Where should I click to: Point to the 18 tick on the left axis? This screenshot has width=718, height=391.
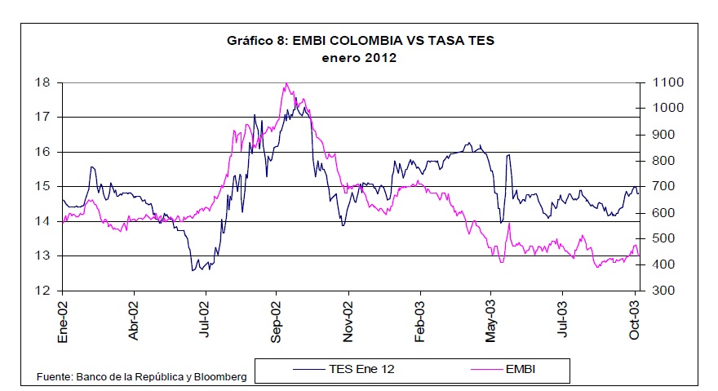[43, 82]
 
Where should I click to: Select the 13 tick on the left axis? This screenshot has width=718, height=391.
[43, 256]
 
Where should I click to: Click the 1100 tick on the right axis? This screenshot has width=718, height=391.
[663, 82]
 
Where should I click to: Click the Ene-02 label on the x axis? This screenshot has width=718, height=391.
[63, 318]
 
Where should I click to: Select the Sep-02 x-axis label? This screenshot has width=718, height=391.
[277, 318]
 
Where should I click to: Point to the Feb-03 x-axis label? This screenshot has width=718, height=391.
[420, 318]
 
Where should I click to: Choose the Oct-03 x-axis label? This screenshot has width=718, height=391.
[635, 318]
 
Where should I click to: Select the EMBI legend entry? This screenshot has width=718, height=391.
[521, 371]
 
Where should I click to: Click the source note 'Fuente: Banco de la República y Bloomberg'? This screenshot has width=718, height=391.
[141, 376]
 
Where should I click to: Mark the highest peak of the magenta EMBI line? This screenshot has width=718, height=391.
[286, 83]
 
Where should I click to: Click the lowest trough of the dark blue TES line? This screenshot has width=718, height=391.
[193, 270]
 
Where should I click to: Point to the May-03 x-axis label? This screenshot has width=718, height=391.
[491, 318]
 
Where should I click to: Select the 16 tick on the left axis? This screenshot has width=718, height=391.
[43, 152]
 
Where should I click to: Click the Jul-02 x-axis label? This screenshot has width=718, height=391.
[206, 318]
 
